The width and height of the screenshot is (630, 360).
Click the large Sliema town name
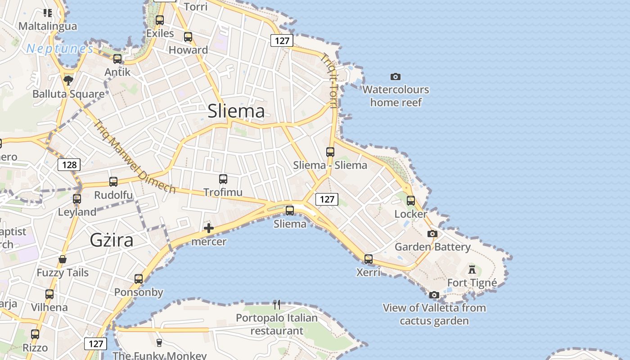[x=236, y=111]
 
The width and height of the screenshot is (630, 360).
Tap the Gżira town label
[x=112, y=240]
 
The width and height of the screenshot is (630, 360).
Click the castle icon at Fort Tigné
[x=472, y=270]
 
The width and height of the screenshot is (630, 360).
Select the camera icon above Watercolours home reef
[x=396, y=77]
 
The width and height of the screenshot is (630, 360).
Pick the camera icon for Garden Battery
[x=432, y=234]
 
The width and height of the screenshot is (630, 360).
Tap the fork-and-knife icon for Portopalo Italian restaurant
[x=277, y=305]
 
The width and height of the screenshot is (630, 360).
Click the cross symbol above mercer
[x=209, y=228]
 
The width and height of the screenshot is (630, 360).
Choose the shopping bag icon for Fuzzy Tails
[x=63, y=260]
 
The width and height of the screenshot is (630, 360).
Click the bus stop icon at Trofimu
[x=223, y=179]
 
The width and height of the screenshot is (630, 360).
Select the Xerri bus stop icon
[x=369, y=259]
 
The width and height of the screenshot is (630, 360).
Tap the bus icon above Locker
[x=411, y=201]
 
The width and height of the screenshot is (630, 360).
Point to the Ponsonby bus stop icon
[x=139, y=279]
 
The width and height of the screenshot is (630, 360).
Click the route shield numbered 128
[x=69, y=165]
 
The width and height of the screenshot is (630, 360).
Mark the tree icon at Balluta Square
[x=68, y=81]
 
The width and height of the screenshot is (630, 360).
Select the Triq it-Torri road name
[x=329, y=81]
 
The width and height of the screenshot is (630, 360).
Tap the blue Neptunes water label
[x=60, y=49]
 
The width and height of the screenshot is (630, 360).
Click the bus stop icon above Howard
[x=188, y=37]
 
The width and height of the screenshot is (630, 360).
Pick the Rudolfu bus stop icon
[x=113, y=182]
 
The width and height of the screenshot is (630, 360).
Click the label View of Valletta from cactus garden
[x=434, y=314]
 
